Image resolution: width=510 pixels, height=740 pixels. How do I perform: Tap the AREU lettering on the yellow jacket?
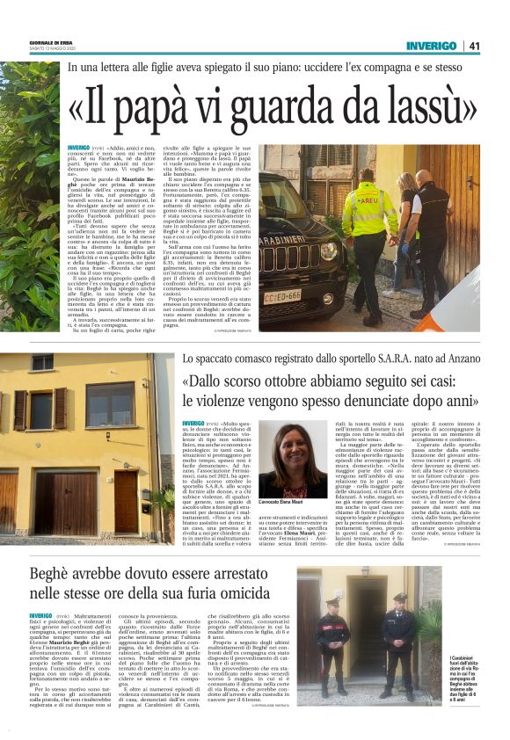click(361, 199)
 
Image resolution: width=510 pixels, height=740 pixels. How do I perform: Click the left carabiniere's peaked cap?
click(333, 604)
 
